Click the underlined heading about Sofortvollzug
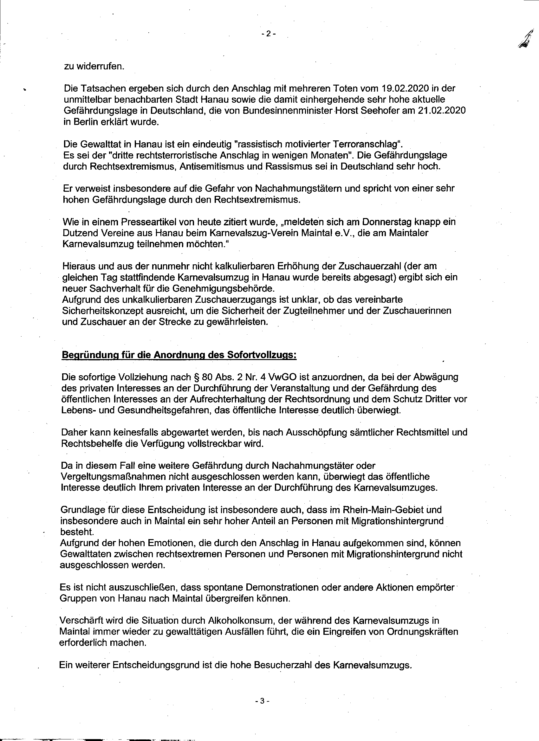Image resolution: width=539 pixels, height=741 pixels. click(x=179, y=355)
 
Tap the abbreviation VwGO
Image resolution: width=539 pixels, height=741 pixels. click(x=282, y=377)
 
